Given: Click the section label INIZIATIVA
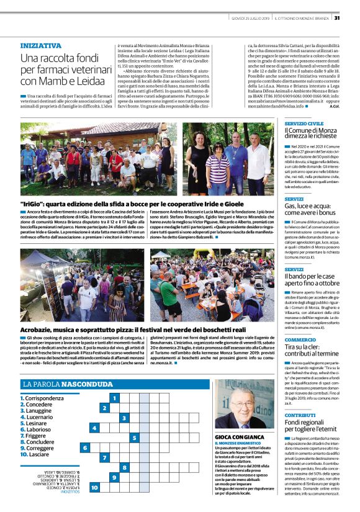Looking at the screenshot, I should pos(41,46).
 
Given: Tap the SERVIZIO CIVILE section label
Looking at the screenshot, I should pos(304,124).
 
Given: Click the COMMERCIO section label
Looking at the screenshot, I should pos(300,340).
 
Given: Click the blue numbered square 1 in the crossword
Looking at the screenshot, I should pos(114,397).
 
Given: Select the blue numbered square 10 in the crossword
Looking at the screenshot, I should pos(94,488).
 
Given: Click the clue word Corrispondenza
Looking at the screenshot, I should pos(44,398).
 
